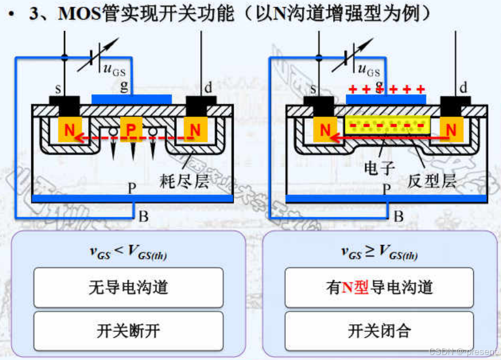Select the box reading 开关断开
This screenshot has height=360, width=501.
pyautogui.click(x=128, y=331)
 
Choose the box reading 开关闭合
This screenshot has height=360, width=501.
pyautogui.click(x=379, y=331)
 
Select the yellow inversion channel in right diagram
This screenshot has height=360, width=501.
pyautogui.click(x=387, y=126)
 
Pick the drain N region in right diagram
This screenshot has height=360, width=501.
pyautogui.click(x=451, y=130)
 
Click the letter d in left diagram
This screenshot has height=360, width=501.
pyautogui.click(x=208, y=88)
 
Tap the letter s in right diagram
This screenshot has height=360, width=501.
pyautogui.click(x=314, y=88)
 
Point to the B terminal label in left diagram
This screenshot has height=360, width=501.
pyautogui.click(x=143, y=216)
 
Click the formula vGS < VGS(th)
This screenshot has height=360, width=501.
pyautogui.click(x=128, y=252)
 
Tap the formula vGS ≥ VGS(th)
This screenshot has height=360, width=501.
pyautogui.click(x=379, y=252)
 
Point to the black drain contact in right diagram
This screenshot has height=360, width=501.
pyautogui.click(x=455, y=104)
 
